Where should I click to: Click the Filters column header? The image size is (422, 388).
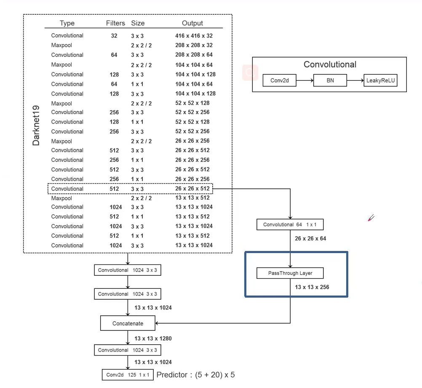pos(115,23)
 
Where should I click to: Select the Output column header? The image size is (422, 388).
pos(192,23)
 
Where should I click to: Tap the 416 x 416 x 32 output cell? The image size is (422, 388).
pos(194,36)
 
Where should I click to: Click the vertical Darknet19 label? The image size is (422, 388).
pos(36,126)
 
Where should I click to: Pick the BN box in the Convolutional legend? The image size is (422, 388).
pos(330,80)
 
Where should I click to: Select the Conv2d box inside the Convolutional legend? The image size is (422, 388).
pos(280,80)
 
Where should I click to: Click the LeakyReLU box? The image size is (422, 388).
pos(381,80)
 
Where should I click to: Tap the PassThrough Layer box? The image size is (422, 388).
pos(290,273)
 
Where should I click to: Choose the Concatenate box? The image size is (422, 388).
pos(128,323)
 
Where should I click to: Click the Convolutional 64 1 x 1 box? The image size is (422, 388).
pos(290,224)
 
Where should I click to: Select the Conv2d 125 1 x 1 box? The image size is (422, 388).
pos(128,375)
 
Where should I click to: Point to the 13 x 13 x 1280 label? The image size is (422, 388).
pos(153,338)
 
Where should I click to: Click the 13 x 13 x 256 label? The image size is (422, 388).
pos(312,287)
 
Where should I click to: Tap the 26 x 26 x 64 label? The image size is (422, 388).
pos(310,239)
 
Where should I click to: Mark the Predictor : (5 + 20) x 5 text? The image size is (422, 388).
pos(196,375)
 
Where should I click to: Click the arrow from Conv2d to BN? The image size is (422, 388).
pos(305,80)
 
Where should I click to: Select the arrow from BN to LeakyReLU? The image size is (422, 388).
pos(355,80)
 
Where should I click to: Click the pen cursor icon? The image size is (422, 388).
pos(371,218)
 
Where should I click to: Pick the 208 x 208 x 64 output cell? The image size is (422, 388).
pos(194,55)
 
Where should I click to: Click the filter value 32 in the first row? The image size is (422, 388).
pos(114,36)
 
